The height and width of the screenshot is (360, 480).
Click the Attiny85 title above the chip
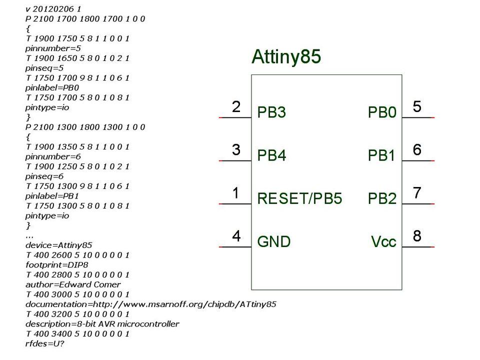point(285,57)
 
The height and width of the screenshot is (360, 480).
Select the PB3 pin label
point(271,112)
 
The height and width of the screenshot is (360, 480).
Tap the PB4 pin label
point(271,155)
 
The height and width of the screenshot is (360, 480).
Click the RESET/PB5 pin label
point(299,199)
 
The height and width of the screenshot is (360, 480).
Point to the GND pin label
point(273,242)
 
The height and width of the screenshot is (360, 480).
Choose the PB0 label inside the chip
point(382,112)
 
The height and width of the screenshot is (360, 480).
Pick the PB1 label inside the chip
point(382,155)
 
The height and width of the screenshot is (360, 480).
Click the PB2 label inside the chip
point(382,199)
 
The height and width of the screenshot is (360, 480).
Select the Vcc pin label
point(383,242)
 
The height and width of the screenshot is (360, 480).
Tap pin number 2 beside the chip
point(236,106)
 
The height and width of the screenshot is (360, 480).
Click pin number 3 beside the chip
point(236,149)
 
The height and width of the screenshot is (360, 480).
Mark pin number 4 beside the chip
point(236,235)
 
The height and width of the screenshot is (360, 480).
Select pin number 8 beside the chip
point(417,235)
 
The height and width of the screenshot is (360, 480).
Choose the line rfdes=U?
point(45,343)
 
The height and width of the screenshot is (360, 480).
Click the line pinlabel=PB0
point(52,87)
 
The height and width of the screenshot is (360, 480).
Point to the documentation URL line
point(150,304)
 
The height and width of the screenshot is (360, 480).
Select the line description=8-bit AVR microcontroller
point(102,323)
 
